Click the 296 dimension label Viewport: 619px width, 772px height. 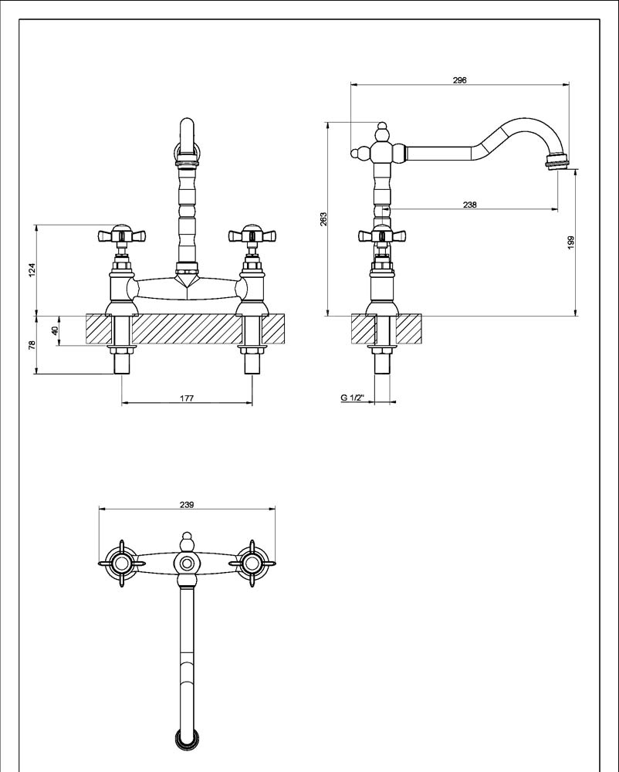click(461, 80)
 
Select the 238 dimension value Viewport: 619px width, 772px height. click(470, 205)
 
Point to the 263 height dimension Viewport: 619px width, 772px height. click(323, 219)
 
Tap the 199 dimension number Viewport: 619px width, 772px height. click(570, 242)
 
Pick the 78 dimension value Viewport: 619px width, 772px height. click(32, 345)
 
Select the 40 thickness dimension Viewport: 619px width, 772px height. click(54, 330)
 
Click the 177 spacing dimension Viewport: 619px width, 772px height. click(187, 398)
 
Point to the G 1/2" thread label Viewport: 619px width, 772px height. click(352, 398)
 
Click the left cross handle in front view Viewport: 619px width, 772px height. click(118, 235)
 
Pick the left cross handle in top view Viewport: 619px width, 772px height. click(120, 565)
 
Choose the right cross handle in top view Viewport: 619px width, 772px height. click(252, 565)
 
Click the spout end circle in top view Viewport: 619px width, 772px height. click(186, 740)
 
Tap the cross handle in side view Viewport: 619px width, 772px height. click(381, 236)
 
